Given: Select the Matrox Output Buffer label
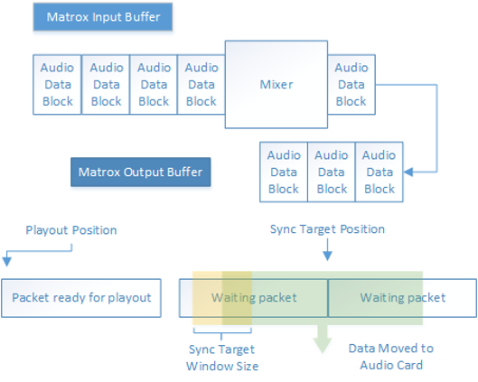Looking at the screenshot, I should pyautogui.click(x=140, y=172).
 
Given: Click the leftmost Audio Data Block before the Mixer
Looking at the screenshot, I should pyautogui.click(x=58, y=85).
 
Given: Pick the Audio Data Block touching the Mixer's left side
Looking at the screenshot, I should pyautogui.click(x=202, y=85).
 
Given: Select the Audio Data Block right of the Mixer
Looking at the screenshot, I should pyautogui.click(x=351, y=85).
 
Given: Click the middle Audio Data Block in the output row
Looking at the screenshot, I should pyautogui.click(x=332, y=172).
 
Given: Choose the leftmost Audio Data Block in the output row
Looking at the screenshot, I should pyautogui.click(x=284, y=172).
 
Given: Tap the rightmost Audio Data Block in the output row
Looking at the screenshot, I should pyautogui.click(x=380, y=172).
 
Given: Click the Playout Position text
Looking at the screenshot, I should pyautogui.click(x=70, y=230).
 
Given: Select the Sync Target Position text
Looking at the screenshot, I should pyautogui.click(x=327, y=229).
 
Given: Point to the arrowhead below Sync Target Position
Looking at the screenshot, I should pyautogui.click(x=327, y=257).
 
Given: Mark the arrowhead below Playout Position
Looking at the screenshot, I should pyautogui.click(x=7, y=262).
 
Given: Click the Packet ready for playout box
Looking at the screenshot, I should pyautogui.click(x=82, y=297).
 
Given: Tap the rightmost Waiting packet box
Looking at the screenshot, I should pyautogui.click(x=402, y=297).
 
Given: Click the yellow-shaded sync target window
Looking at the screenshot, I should pyautogui.click(x=208, y=297).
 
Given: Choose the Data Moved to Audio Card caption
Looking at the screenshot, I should pyautogui.click(x=390, y=356).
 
